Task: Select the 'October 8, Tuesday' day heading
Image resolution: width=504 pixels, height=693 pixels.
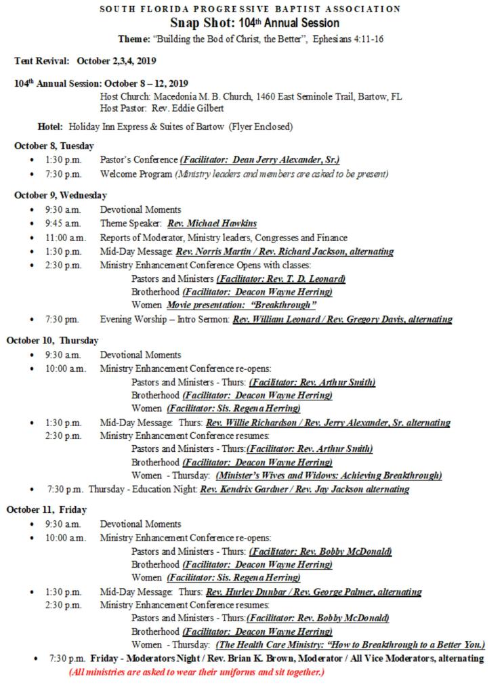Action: pos(54,146)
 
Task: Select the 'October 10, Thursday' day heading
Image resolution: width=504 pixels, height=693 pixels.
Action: pos(52,340)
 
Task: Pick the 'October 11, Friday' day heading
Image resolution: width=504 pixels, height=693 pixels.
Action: pos(46,509)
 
